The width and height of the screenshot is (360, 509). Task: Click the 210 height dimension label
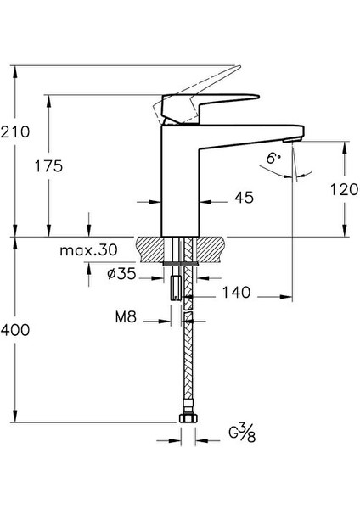17,132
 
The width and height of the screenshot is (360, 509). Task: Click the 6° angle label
273,158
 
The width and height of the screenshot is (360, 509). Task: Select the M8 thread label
127,320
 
